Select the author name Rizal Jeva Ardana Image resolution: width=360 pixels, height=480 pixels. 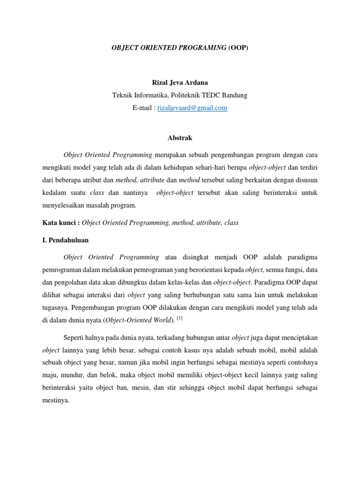coord(180,83)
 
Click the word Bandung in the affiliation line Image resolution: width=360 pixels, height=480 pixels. coord(234,95)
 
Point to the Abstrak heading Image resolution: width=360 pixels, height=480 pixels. coord(180,138)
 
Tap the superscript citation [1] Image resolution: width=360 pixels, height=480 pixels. coord(180,318)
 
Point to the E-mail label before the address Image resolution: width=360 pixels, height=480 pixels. coord(142,108)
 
